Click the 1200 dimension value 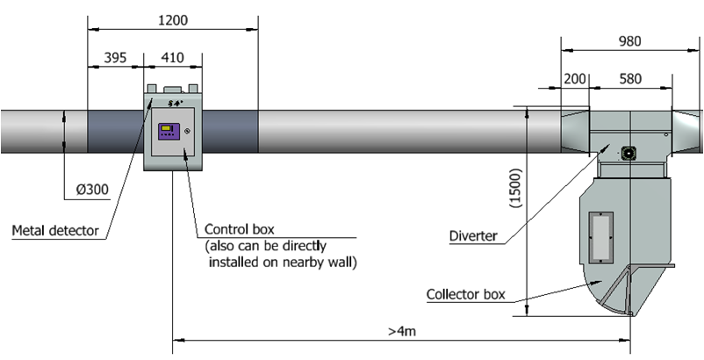pyautogui.click(x=173, y=20)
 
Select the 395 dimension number pyautogui.click(x=115, y=57)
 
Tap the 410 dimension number pyautogui.click(x=172, y=57)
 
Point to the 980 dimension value pyautogui.click(x=629, y=41)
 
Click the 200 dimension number pyautogui.click(x=574, y=79)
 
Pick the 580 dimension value pyautogui.click(x=630, y=79)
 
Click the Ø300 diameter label pyautogui.click(x=92, y=190)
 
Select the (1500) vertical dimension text pyautogui.click(x=516, y=188)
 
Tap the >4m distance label pyautogui.click(x=402, y=331)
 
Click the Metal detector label pyautogui.click(x=55, y=231)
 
